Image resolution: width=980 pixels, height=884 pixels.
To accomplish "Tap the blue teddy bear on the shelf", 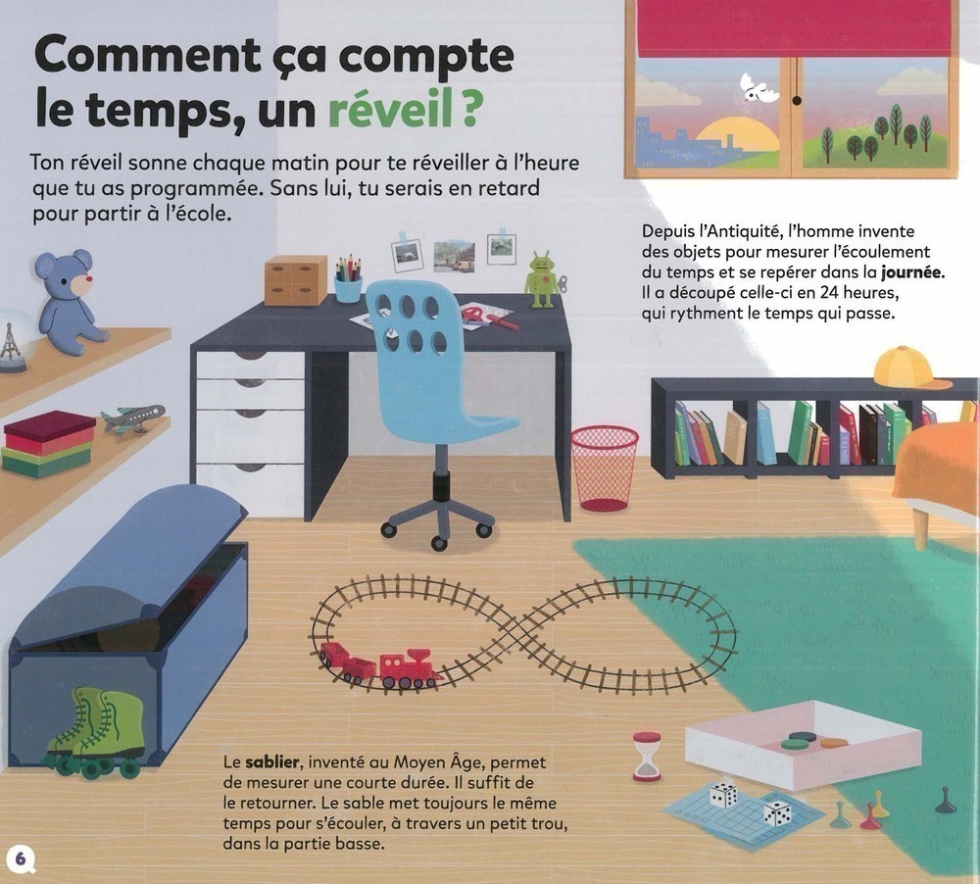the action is click(x=69, y=302).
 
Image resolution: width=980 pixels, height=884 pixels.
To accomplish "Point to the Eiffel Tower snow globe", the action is click(x=14, y=341).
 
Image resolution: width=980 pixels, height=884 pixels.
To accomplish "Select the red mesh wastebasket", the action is click(x=605, y=468).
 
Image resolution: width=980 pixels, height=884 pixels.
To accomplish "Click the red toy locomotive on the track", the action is click(x=410, y=670).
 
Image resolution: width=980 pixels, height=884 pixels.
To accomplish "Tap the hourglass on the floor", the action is click(x=647, y=757).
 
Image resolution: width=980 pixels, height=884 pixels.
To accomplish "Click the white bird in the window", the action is click(x=759, y=87).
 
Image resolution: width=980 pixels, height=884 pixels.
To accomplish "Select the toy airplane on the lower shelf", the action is click(x=132, y=417).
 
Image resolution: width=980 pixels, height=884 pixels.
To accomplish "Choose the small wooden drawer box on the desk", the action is click(x=295, y=280).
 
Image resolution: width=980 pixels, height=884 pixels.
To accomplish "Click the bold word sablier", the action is click(x=272, y=762).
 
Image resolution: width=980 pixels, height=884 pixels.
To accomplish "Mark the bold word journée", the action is click(x=912, y=271).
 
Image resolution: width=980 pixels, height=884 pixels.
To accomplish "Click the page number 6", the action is click(x=20, y=858).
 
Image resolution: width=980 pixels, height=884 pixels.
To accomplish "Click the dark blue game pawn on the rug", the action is click(x=946, y=800).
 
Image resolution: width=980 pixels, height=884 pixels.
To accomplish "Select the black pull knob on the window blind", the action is click(x=796, y=100).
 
